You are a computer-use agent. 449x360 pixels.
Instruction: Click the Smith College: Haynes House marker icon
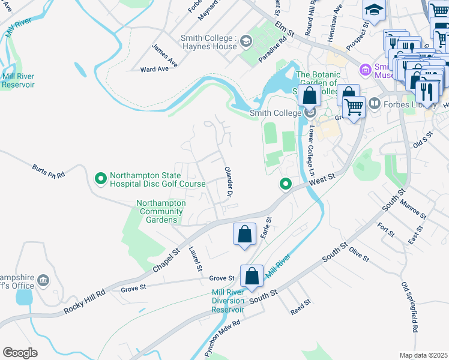click(x=246, y=41)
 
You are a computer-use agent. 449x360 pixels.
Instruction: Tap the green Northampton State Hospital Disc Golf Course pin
click(x=101, y=178)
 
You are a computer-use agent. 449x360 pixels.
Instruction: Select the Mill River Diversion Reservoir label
click(x=228, y=301)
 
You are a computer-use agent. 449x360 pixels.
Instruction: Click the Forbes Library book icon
click(x=375, y=104)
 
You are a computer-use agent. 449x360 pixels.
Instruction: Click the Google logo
click(x=20, y=352)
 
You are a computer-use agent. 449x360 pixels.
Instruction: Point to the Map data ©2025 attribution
click(x=424, y=355)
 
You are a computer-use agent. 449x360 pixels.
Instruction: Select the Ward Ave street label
click(x=154, y=70)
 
